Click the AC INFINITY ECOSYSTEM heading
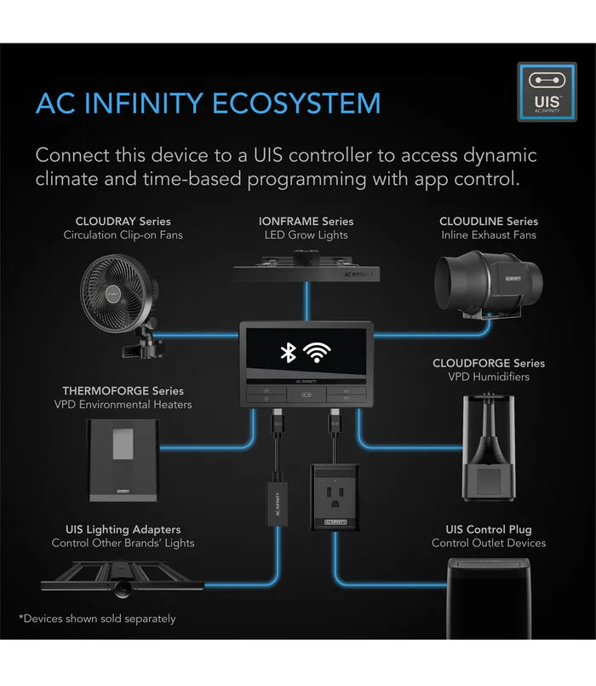pos(208,103)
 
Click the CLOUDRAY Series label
pos(123,222)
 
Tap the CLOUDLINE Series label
pos(489,222)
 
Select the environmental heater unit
pos(123,460)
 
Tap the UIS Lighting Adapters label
pos(123,529)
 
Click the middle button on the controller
pos(306,395)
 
